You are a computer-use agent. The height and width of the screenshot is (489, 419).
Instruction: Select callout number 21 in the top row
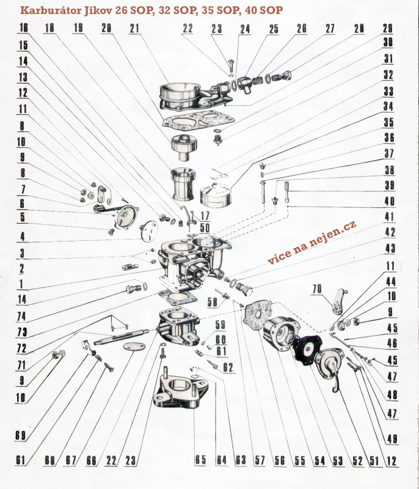[134, 28]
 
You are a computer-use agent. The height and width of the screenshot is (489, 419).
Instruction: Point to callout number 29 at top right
[387, 28]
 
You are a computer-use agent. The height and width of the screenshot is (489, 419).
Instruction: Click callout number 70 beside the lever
[317, 289]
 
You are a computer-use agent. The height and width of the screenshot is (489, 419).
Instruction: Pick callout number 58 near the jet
[213, 301]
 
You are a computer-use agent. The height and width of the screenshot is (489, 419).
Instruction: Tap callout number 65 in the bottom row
[200, 460]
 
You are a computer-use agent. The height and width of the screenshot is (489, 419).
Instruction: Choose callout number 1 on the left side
[21, 284]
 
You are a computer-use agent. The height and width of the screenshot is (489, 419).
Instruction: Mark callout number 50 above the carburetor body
[205, 227]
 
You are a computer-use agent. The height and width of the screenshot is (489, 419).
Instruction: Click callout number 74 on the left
[21, 316]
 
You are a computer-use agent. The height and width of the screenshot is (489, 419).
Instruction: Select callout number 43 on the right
[390, 248]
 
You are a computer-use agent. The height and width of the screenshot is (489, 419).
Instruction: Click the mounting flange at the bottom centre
[181, 392]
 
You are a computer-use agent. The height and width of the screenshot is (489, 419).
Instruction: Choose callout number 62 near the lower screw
[228, 367]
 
